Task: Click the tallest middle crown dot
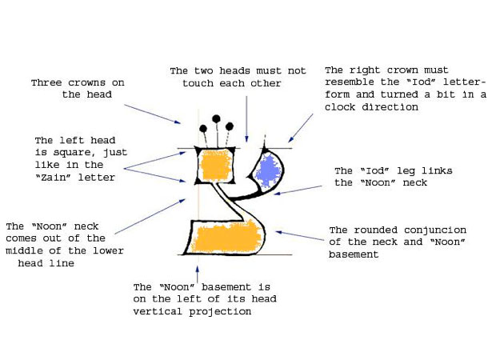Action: coord(216,119)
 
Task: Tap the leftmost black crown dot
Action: coord(203,128)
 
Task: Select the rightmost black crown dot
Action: coord(230,126)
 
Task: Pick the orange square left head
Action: coord(216,165)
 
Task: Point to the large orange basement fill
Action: coord(226,238)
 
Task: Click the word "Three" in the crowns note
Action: coord(46,83)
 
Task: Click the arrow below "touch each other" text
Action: coord(246,119)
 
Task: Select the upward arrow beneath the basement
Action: coord(197,274)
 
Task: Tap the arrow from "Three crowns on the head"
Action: coord(153,114)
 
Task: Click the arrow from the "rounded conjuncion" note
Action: coord(300,236)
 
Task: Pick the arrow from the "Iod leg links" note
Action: coord(298,190)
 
